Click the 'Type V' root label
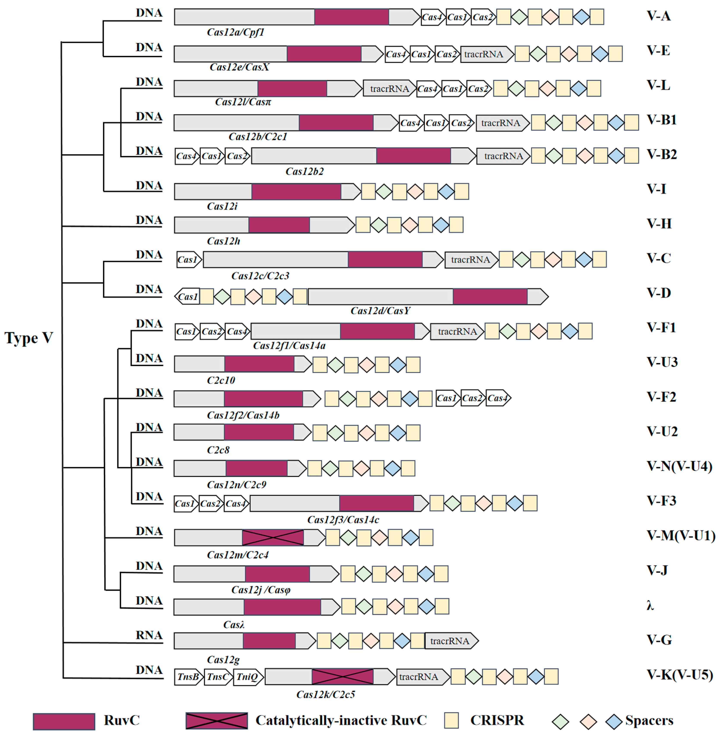pyautogui.click(x=29, y=338)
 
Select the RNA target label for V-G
pyautogui.click(x=149, y=635)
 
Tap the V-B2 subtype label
pyautogui.click(x=662, y=155)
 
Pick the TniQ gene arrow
pyautogui.click(x=248, y=677)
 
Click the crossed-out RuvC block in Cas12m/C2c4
pyautogui.click(x=273, y=538)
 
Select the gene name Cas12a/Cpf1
pyautogui.click(x=236, y=32)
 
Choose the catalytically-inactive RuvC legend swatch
pyautogui.click(x=217, y=721)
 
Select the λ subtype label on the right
pyautogui.click(x=650, y=606)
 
